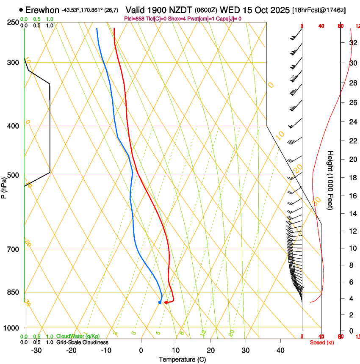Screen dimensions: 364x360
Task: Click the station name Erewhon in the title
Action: coord(42,10)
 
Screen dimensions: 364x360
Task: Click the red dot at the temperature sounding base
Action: coord(166,302)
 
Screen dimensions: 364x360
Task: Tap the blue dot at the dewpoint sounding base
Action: coord(160,302)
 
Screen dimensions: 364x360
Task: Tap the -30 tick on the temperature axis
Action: coord(36,350)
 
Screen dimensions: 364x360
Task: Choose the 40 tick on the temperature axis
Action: coord(280,350)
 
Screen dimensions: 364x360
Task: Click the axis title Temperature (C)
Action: coord(182,359)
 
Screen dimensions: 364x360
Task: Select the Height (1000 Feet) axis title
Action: coord(330,180)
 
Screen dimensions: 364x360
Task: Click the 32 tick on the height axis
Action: coord(352,42)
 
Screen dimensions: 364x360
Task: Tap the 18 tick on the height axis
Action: coord(352,177)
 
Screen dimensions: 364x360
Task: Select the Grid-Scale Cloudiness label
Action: coord(82,342)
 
